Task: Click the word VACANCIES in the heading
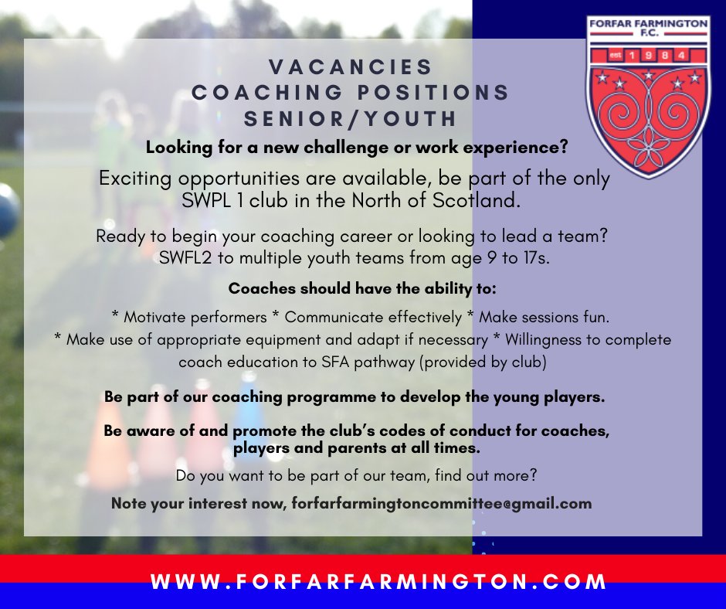coord(351,66)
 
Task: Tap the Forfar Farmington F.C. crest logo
coord(647,97)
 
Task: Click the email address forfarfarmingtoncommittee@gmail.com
coord(442,503)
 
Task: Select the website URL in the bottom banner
coord(379,581)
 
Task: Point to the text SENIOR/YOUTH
coord(351,119)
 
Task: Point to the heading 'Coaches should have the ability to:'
coord(350,290)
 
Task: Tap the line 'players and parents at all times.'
coord(356,447)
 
